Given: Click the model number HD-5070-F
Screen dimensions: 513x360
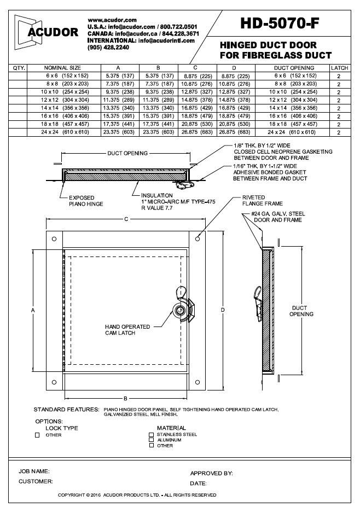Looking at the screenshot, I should coord(280,22).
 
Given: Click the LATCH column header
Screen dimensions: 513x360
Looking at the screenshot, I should coord(339,68).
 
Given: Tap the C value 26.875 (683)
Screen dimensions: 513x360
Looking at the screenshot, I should coord(188,132).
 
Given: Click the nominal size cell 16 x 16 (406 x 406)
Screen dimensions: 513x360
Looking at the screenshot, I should coord(63,116).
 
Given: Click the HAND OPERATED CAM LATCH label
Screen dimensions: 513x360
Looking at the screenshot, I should coord(127,330).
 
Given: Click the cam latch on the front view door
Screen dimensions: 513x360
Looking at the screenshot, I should coord(180,309).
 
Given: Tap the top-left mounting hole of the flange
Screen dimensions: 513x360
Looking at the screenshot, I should coord(54,240).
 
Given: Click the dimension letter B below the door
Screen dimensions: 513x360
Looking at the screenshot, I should coord(125,398).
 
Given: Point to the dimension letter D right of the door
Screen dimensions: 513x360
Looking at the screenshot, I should coord(223,310).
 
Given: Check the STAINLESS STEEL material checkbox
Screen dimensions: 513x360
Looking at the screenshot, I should coord(152,434).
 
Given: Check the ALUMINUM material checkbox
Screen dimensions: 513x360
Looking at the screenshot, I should coord(152,440).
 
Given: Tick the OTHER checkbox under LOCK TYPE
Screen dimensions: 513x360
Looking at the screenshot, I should coord(37,435).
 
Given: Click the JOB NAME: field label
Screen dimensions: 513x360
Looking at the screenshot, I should coord(34,471).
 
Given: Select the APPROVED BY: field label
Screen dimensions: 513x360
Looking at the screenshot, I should coord(211,473).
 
